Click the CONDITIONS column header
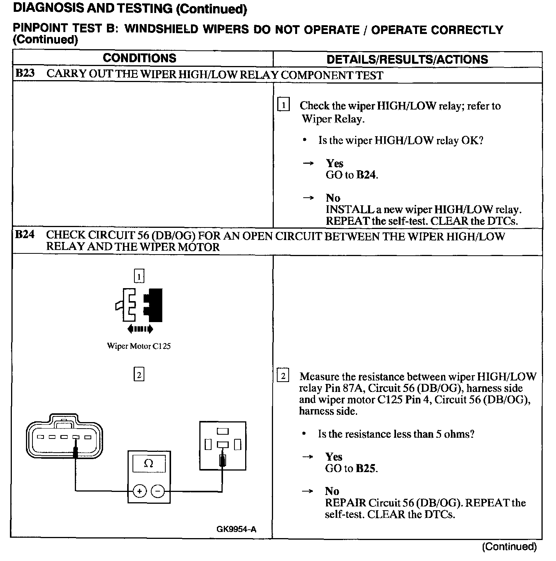[x=139, y=58]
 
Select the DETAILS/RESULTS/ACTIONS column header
[x=407, y=60]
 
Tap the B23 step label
[x=25, y=73]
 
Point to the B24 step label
[x=25, y=234]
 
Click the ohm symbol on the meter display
[x=149, y=464]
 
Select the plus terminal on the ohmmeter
[x=139, y=491]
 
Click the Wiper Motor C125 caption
[x=139, y=346]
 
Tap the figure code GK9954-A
[x=236, y=529]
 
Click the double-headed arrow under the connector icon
[x=141, y=329]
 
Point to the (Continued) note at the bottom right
[x=509, y=547]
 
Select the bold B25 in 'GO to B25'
[x=366, y=468]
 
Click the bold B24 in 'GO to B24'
[x=366, y=175]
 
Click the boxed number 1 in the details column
[x=283, y=105]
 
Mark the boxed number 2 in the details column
[x=283, y=376]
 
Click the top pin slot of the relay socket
[x=223, y=431]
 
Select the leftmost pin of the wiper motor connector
[x=40, y=437]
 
